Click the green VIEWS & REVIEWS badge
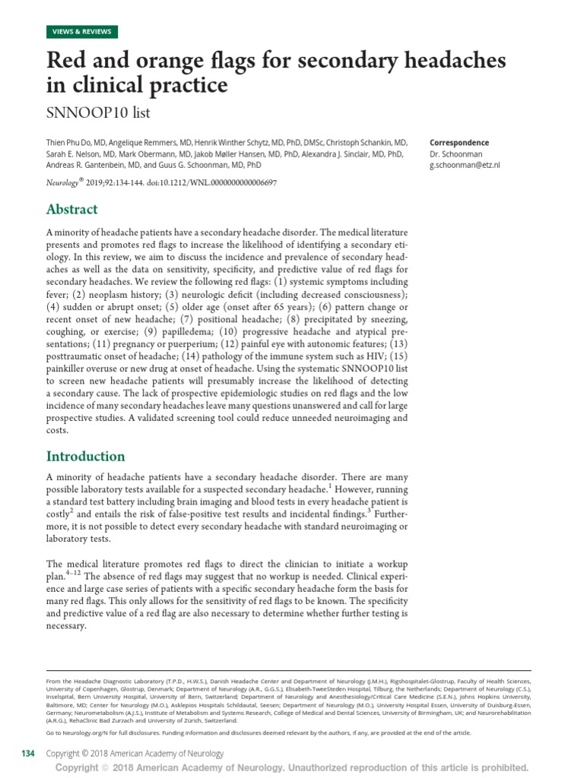pyautogui.click(x=81, y=31)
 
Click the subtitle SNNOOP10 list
pyautogui.click(x=99, y=113)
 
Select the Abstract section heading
pyautogui.click(x=72, y=209)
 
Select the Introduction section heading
pyautogui.click(x=86, y=456)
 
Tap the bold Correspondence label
pyautogui.click(x=459, y=143)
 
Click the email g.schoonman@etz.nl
pyautogui.click(x=465, y=165)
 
